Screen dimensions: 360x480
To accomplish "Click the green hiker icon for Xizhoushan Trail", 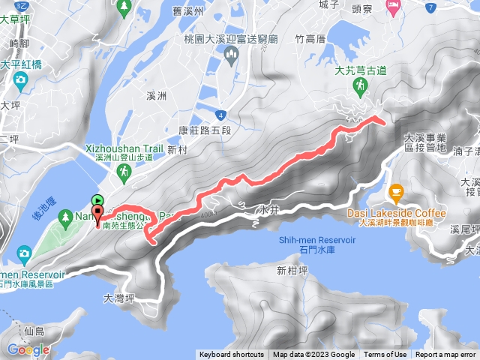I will (x=124, y=172).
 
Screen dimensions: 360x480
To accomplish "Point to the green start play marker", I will (x=97, y=199).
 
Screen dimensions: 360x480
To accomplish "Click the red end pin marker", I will (x=97, y=213).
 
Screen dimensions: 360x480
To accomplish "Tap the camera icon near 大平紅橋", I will (x=20, y=79).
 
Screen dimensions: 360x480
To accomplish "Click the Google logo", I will (x=28, y=349).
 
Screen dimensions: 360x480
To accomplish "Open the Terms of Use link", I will (x=385, y=355).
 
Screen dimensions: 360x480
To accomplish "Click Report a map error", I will (x=446, y=355).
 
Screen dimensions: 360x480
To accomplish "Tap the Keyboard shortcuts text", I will (x=232, y=355).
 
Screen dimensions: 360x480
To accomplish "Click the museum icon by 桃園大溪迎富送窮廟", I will (x=229, y=52).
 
